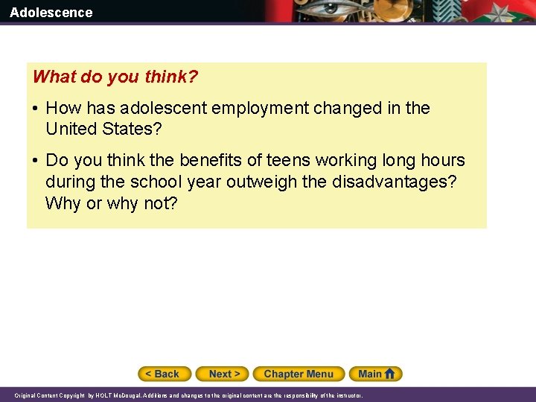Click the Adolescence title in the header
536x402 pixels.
coord(51,12)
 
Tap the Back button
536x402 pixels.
coord(165,374)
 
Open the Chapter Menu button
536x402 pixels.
coord(299,374)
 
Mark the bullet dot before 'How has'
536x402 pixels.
coord(35,109)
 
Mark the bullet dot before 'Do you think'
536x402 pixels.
coord(35,161)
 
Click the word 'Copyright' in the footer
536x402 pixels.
coord(71,396)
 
